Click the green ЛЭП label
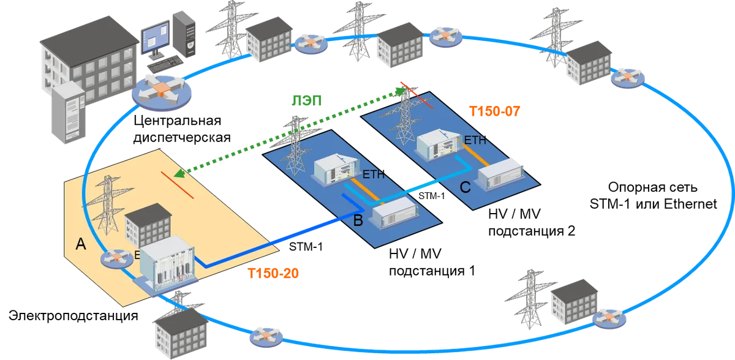tap(306, 100)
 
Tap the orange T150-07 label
tap(494, 111)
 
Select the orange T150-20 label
tap(273, 274)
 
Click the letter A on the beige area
tap(81, 244)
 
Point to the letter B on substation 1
tap(358, 220)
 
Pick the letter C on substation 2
tap(466, 187)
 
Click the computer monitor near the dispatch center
tap(156, 39)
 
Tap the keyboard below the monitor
tap(165, 64)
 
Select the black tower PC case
tap(184, 34)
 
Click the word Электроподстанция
tap(73, 315)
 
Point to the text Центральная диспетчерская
tap(182, 129)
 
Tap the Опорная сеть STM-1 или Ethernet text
tap(653, 196)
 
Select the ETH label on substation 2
tap(475, 140)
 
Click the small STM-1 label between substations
tap(431, 196)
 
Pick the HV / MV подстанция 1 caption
tap(432, 262)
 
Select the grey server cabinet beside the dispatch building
tap(69, 113)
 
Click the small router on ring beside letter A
tap(117, 259)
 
